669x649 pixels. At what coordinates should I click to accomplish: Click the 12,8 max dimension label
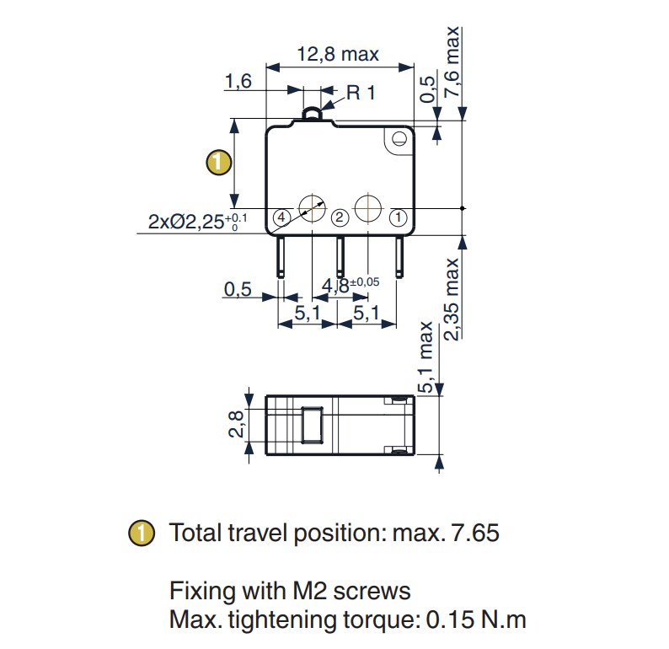tap(337, 55)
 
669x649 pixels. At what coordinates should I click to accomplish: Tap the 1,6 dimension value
tap(238, 82)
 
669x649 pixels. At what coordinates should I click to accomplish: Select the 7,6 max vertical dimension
tap(454, 63)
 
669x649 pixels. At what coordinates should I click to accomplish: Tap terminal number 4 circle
tap(281, 217)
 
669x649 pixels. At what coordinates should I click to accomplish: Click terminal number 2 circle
tap(339, 217)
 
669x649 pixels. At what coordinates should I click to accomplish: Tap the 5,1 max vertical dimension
tap(426, 357)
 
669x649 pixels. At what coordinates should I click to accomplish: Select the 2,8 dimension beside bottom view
tap(236, 423)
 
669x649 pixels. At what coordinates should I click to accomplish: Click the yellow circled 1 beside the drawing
tap(218, 162)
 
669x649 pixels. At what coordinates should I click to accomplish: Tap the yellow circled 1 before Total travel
tap(142, 533)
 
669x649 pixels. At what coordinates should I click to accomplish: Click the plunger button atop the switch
tap(313, 114)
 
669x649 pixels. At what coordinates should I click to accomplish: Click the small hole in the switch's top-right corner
tap(396, 140)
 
